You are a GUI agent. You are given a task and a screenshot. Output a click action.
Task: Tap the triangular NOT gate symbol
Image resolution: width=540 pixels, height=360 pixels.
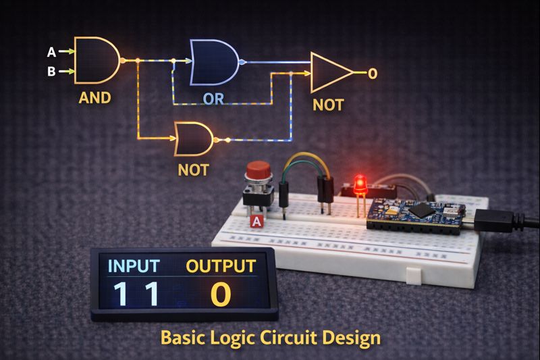tap(329, 72)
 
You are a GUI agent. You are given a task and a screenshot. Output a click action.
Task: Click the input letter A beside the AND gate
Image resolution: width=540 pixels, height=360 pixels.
tap(51, 51)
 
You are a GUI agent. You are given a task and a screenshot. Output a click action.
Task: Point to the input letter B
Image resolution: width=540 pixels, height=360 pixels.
tap(51, 70)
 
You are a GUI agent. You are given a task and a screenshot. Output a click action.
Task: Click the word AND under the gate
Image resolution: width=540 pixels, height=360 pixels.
tap(94, 97)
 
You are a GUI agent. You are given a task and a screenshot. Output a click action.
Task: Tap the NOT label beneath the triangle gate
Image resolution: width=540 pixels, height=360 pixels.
tap(328, 105)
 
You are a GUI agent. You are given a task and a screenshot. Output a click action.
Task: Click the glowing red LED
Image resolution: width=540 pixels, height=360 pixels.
tap(360, 182)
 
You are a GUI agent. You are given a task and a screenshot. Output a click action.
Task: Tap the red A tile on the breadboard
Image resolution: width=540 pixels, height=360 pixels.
tap(256, 220)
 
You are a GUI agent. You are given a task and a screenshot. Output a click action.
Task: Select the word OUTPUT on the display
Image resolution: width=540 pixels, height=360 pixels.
tap(221, 265)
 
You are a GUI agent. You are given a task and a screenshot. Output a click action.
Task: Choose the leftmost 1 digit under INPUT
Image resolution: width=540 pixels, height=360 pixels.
tap(121, 294)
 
